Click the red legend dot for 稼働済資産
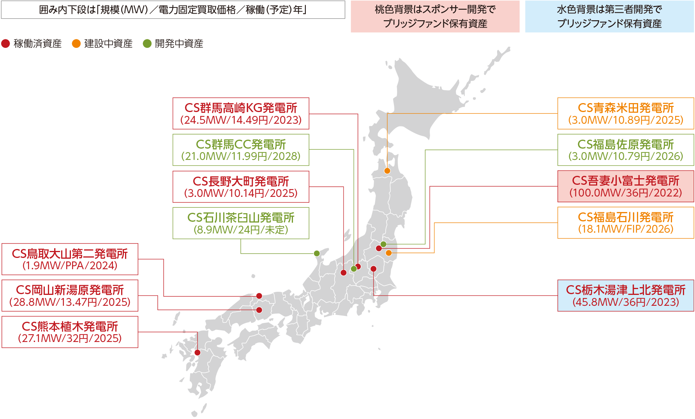[5, 44]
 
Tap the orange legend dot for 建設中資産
[76, 44]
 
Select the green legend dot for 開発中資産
[147, 44]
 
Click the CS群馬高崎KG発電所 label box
[241, 113]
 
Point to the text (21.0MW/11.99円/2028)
[241, 156]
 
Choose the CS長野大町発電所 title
[241, 181]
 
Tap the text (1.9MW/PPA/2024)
[70, 266]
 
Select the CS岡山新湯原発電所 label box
[70, 295]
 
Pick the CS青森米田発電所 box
[626, 113]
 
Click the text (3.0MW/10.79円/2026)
[626, 156]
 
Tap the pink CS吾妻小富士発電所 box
[626, 186]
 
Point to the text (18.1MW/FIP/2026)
[626, 229]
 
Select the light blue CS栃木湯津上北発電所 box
[626, 295]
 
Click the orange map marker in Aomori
[387, 171]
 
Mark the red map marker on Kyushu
[198, 352]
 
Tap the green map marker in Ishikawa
[317, 254]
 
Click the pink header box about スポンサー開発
[435, 16]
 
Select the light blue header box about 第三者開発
[609, 16]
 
